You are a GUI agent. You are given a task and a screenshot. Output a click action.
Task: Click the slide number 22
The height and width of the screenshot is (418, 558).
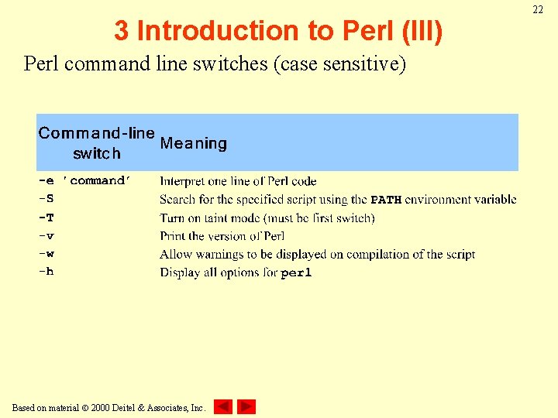(x=537, y=9)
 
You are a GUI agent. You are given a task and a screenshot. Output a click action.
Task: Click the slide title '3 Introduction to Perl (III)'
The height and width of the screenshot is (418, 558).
(x=278, y=31)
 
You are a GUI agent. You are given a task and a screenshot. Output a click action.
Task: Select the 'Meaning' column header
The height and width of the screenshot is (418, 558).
(x=193, y=143)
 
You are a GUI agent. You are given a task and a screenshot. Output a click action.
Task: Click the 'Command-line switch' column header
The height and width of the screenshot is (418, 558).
(x=96, y=143)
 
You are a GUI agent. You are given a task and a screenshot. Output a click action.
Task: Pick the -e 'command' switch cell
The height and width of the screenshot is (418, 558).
(x=85, y=180)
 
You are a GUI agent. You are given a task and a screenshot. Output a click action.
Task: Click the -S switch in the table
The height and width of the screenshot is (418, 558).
(x=46, y=199)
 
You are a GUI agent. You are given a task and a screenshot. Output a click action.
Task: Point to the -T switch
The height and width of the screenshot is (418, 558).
(x=46, y=218)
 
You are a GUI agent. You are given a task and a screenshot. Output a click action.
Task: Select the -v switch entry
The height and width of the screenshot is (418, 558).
(x=46, y=236)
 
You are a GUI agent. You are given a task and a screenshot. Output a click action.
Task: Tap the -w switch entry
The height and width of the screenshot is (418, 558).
(x=46, y=254)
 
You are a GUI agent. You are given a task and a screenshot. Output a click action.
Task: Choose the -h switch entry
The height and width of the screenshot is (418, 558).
(x=46, y=272)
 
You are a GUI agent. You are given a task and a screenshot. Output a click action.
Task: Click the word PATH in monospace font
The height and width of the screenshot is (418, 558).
(x=386, y=200)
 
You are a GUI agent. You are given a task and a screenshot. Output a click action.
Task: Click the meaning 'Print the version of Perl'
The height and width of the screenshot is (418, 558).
(x=222, y=236)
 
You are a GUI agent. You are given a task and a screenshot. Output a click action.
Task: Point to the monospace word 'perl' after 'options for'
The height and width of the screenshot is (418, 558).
(x=296, y=273)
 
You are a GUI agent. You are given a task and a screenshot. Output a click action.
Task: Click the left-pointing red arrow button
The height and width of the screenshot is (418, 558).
(x=222, y=406)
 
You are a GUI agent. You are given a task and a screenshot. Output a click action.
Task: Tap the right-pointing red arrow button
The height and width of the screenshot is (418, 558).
(x=246, y=406)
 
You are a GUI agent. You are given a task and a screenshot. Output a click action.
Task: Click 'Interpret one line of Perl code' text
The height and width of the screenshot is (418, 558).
(x=238, y=181)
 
